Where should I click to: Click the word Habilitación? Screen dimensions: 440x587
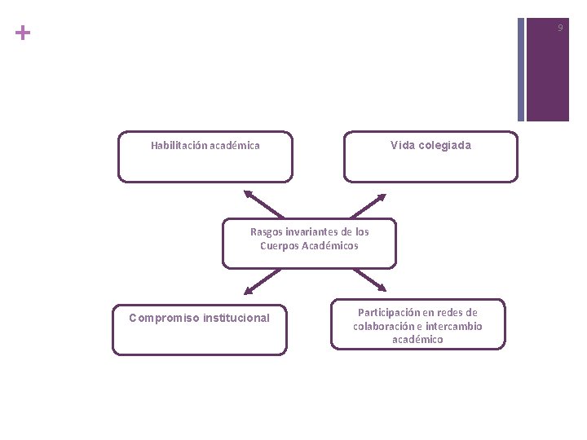(179, 146)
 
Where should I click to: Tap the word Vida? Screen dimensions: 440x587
(403, 146)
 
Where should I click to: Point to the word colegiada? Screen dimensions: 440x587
(444, 146)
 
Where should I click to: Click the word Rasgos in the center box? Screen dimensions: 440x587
(266, 232)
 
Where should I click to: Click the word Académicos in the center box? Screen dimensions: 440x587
(330, 245)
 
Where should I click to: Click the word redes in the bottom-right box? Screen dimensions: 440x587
(451, 312)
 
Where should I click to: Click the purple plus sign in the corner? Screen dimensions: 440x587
(23, 33)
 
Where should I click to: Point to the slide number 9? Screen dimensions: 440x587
(560, 29)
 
